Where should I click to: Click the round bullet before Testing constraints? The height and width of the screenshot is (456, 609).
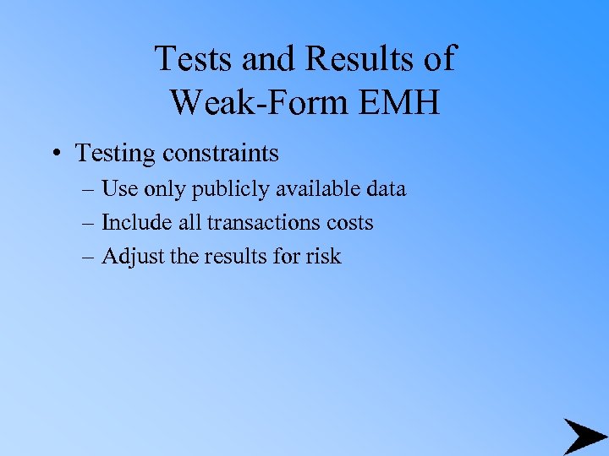tap(54, 154)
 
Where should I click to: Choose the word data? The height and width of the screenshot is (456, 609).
tap(385, 188)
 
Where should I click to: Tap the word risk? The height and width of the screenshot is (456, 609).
tap(324, 256)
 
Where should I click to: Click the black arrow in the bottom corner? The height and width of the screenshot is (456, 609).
tap(584, 435)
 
